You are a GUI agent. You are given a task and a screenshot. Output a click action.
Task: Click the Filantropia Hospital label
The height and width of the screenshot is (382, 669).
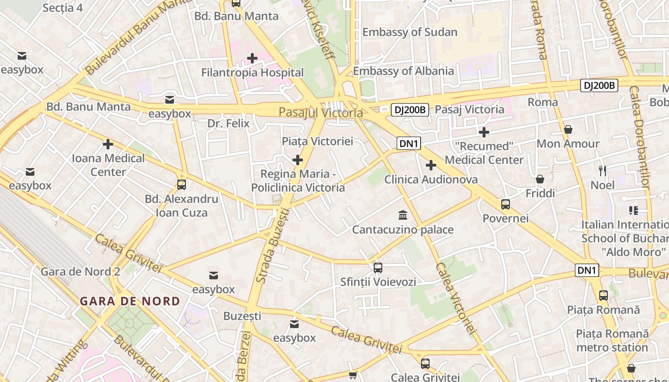point(252,73)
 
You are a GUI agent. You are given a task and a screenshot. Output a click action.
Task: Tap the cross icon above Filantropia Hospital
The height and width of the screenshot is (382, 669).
point(252,58)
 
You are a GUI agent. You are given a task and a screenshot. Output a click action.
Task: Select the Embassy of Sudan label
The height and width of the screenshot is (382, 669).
point(410,32)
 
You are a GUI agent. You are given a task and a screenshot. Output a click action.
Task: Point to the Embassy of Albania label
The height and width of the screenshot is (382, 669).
point(403,71)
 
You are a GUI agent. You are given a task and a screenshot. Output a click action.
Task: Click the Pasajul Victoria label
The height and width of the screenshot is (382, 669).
point(321,113)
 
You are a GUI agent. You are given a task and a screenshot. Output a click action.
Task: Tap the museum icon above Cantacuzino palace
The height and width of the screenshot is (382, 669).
point(402,215)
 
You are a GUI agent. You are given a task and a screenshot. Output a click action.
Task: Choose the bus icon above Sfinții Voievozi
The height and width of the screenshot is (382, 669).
point(378,267)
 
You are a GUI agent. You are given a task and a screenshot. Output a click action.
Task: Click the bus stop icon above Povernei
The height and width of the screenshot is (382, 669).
point(506,204)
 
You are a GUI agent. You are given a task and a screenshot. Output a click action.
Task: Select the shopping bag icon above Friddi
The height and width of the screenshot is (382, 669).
point(540,179)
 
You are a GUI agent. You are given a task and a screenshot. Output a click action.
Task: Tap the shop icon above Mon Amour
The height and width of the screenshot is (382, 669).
point(568,129)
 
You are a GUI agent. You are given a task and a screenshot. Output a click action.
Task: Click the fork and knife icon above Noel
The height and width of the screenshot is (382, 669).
point(603,170)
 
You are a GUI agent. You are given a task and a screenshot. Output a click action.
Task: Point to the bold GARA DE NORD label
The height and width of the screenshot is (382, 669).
point(130,301)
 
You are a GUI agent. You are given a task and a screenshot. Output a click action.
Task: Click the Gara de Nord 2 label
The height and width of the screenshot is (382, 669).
point(81,272)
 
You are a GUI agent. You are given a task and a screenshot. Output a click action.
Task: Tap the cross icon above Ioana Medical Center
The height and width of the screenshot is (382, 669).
point(108,144)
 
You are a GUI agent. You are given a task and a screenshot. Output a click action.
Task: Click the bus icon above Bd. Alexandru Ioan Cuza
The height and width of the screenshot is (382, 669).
point(181,184)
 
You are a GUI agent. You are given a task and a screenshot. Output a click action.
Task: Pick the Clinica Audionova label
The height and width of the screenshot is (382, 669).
point(431,180)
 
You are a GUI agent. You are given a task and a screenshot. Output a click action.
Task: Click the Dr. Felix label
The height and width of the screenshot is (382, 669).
point(228,124)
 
